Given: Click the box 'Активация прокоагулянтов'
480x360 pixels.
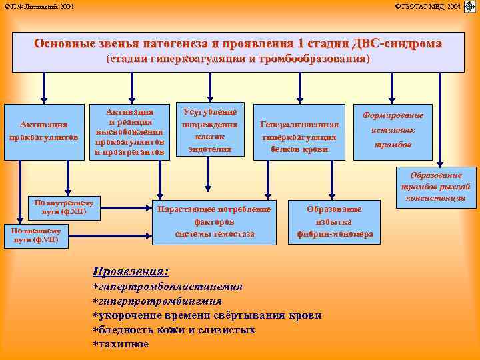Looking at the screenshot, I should (x=43, y=131).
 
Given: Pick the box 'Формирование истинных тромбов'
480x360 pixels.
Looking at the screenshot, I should (x=393, y=131).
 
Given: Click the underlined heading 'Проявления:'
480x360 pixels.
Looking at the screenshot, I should (x=130, y=272).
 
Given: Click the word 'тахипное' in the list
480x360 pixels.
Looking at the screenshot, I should (x=123, y=344).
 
